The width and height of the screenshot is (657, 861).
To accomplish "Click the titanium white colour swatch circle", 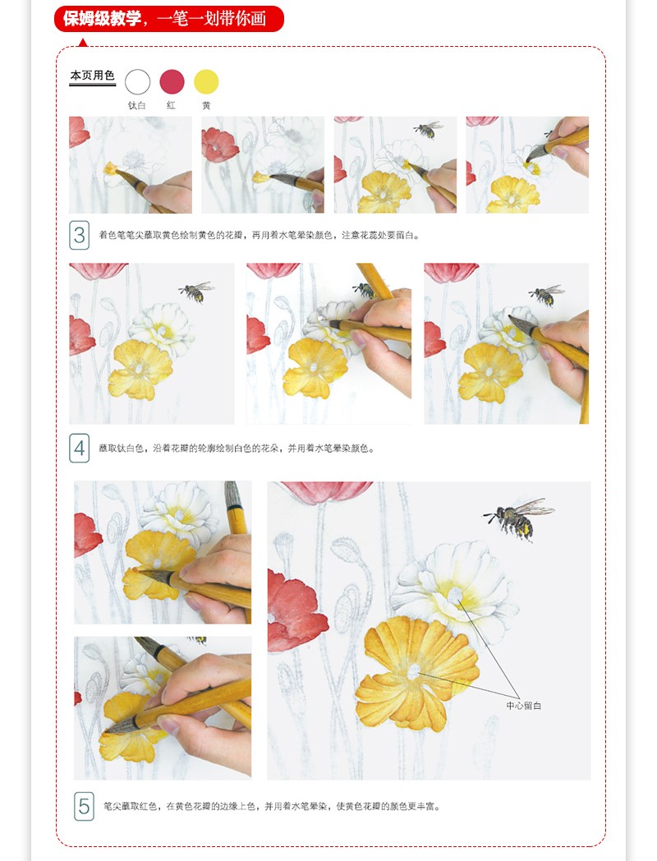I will [x=138, y=81].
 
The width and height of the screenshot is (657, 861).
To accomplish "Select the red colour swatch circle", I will [x=172, y=81].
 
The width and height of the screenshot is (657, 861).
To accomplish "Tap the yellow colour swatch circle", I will [x=206, y=81].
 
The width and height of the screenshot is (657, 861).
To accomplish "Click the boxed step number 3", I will [x=79, y=236].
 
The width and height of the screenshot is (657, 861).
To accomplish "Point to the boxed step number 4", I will [x=79, y=449].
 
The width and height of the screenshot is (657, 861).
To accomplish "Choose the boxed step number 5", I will [x=84, y=806].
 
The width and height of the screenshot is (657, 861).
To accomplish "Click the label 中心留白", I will [x=524, y=706].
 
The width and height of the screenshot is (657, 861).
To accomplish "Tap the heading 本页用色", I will [x=92, y=76].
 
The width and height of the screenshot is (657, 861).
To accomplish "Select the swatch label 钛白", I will [x=137, y=105].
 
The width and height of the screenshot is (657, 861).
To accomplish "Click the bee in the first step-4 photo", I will [x=195, y=291].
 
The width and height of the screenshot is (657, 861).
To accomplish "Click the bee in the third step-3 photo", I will [x=428, y=129].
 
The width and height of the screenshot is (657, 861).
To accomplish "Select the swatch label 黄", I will [x=206, y=105].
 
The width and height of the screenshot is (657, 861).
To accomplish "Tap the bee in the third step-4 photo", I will [x=544, y=294].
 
